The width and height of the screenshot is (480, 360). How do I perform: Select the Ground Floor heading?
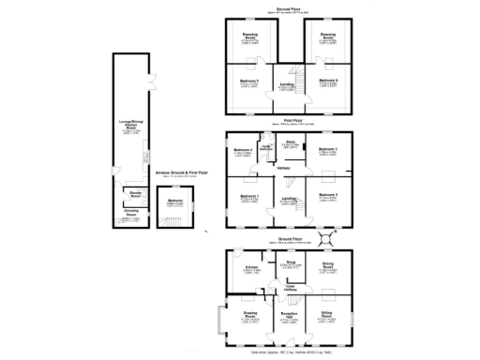point(288,239)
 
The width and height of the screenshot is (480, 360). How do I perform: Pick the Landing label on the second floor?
point(285,86)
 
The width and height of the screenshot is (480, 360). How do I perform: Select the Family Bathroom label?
point(267,148)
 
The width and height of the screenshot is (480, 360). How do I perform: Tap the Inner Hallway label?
point(290,287)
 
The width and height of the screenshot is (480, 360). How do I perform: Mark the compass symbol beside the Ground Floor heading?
point(329,236)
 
